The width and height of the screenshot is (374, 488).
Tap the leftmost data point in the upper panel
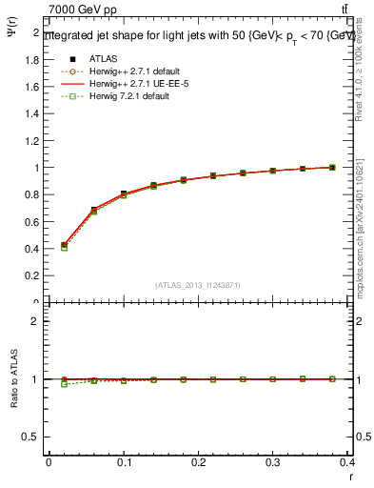point(64,245)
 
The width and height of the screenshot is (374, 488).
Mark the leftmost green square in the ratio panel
point(64,384)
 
